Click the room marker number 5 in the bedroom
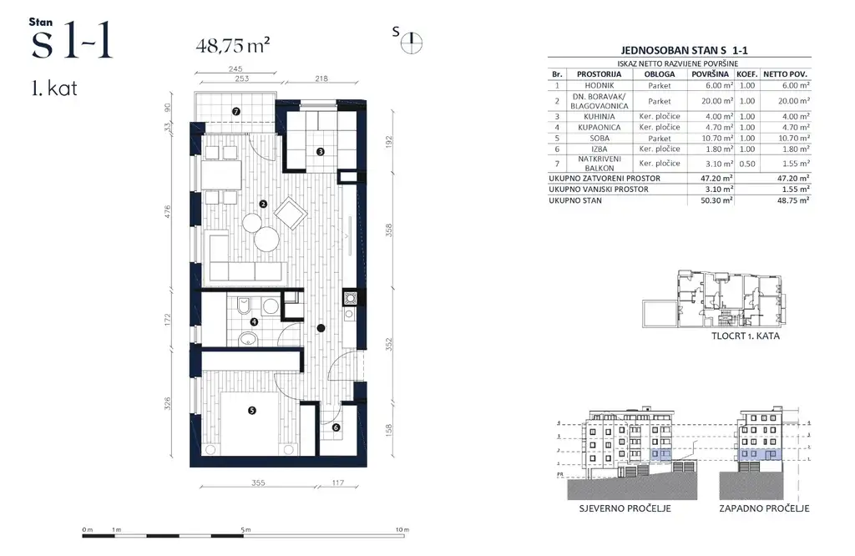point(251,409)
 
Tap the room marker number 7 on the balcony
point(236,111)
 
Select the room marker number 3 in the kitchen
point(320,151)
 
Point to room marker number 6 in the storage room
point(336,428)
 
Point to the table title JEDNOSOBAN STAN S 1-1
point(678,50)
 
